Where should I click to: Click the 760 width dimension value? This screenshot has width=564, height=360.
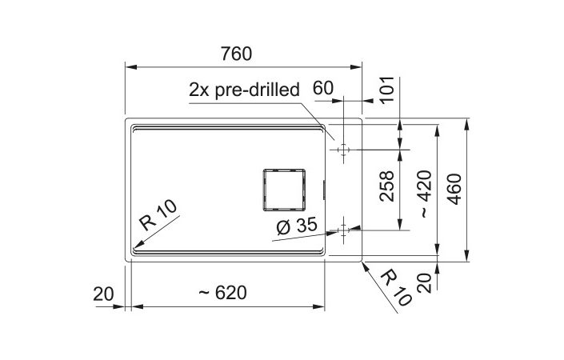(x=236, y=54)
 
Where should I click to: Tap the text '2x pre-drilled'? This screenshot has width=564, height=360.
(x=244, y=90)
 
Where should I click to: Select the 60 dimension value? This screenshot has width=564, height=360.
(x=323, y=88)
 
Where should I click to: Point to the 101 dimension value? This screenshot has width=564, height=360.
(x=387, y=90)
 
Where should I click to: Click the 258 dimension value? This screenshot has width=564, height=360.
(x=387, y=186)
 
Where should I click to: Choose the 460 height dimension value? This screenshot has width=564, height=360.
(x=455, y=189)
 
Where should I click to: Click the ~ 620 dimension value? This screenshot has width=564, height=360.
(x=223, y=293)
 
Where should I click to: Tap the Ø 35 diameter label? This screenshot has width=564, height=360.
(x=297, y=226)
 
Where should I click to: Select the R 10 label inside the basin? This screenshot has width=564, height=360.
(x=158, y=215)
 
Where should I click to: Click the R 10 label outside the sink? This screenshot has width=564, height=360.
(x=396, y=288)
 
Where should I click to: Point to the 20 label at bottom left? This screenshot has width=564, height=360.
(x=103, y=294)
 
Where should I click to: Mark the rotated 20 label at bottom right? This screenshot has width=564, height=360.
(x=425, y=283)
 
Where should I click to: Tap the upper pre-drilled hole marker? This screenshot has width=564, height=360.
(x=343, y=150)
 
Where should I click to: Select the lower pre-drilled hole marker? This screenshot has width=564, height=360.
(x=343, y=230)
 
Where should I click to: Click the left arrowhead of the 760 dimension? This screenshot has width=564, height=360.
(x=130, y=67)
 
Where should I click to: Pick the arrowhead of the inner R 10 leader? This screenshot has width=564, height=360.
(x=137, y=246)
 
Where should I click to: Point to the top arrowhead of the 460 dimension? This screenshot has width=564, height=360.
(x=466, y=123)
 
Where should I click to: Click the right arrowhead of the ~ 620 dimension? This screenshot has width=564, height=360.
(x=319, y=306)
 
